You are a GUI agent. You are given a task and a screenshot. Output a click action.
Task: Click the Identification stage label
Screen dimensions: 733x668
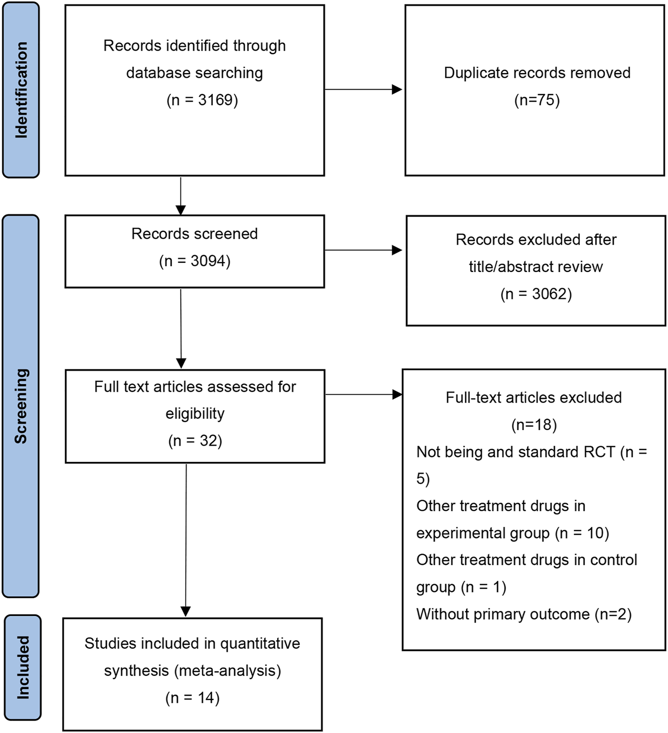(21, 90)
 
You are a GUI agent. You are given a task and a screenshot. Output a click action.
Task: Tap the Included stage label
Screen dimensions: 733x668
(22, 667)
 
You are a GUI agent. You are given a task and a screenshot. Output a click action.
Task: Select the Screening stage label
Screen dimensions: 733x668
(21, 406)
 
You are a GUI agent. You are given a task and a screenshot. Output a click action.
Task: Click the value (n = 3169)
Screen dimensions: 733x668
(202, 100)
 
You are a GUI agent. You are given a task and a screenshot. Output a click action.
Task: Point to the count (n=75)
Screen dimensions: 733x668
(537, 100)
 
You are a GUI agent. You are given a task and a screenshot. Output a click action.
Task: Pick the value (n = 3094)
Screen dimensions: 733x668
(195, 261)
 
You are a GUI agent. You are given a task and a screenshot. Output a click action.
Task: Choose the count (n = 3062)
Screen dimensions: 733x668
(536, 294)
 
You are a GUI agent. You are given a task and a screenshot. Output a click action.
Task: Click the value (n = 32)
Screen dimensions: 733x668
(195, 440)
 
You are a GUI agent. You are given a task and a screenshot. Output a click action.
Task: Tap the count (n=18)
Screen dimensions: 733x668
(534, 425)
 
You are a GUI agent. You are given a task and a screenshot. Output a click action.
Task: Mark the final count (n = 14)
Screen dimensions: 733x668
(192, 698)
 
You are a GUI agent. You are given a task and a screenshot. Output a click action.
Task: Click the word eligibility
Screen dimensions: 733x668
(195, 413)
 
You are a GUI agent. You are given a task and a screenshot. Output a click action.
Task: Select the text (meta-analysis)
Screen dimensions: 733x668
(227, 670)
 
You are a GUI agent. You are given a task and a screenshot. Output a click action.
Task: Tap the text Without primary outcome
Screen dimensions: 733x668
(503, 614)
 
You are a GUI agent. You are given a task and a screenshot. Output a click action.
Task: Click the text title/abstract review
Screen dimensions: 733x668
(536, 267)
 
